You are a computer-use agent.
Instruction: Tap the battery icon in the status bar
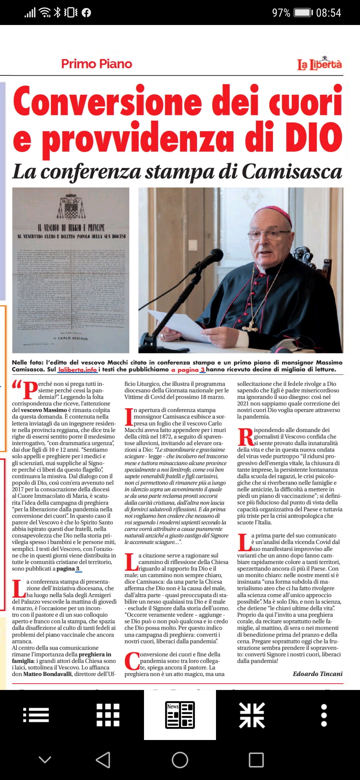coord(303,13)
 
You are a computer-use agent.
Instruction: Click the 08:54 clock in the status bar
coord(328,13)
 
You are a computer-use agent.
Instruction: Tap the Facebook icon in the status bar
coord(86,13)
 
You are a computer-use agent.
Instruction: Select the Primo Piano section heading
coord(97,64)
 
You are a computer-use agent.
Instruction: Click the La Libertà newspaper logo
coord(319,63)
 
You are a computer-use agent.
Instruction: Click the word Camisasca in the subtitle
coord(292,172)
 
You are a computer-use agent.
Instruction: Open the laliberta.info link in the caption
coord(77,369)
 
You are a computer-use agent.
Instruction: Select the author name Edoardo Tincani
coord(317,674)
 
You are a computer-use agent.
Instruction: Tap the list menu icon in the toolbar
coord(36,715)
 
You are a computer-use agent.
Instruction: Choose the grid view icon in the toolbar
coord(108,715)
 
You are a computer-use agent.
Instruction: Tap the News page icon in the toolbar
coord(180,715)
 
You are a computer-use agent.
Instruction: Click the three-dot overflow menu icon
coord(324,715)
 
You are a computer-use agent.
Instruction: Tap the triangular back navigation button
coord(103,760)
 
